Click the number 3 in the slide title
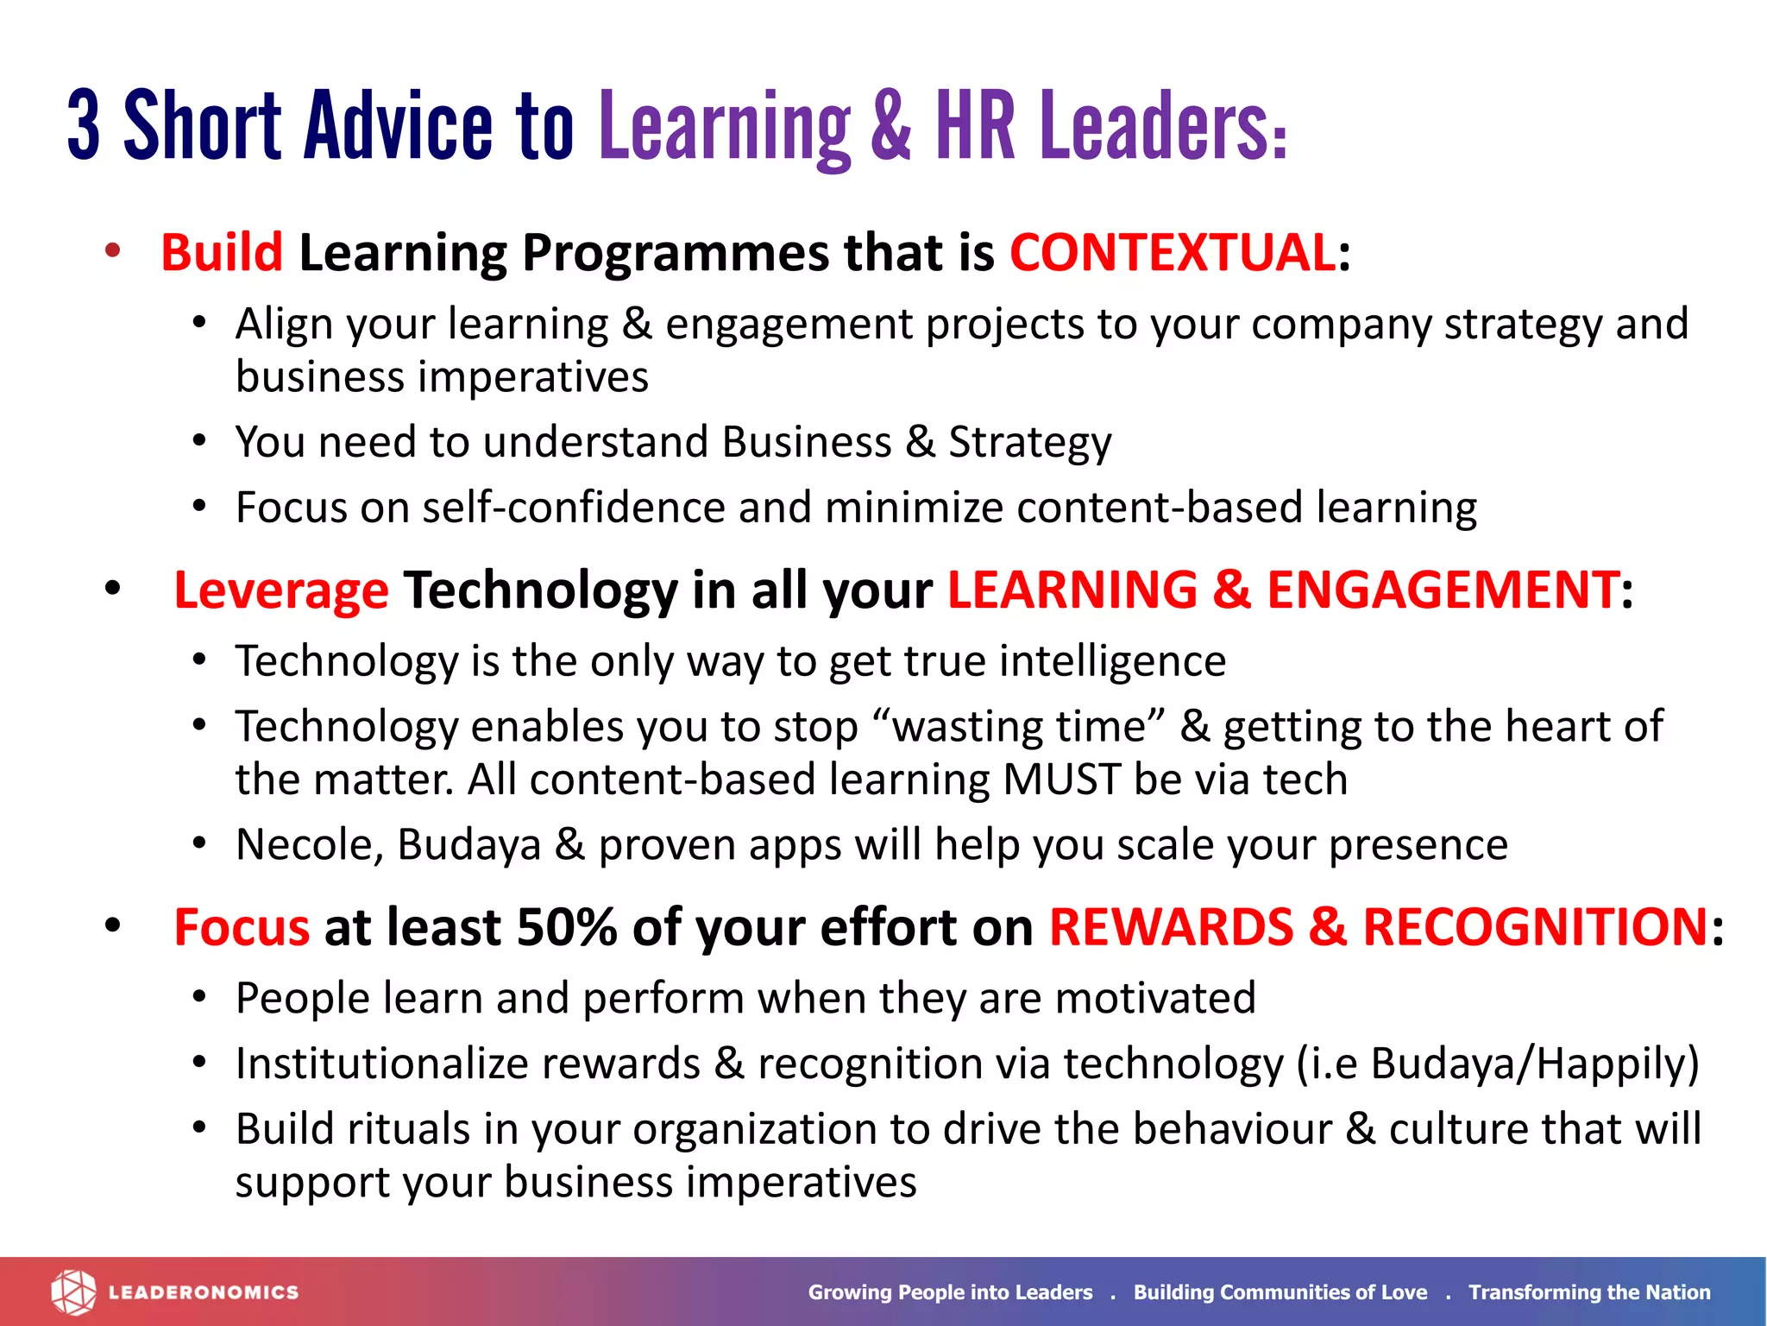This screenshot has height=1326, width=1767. click(84, 125)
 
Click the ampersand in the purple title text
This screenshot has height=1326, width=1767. click(890, 125)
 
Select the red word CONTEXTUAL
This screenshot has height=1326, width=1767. click(1173, 253)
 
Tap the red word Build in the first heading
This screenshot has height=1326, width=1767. click(222, 253)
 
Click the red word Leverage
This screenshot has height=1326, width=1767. click(281, 591)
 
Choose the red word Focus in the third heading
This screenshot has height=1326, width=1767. click(242, 928)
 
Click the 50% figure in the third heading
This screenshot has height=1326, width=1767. click(566, 928)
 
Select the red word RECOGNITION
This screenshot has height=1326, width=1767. click(1535, 928)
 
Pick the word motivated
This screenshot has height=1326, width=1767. click(1155, 999)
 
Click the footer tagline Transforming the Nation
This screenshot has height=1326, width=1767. click(1589, 1292)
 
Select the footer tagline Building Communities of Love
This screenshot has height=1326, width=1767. click(1280, 1292)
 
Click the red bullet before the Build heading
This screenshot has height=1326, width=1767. click(112, 251)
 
